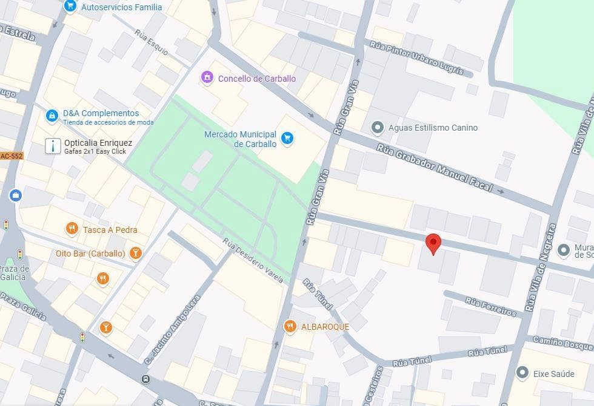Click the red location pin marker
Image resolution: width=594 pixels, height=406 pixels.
coord(433,243)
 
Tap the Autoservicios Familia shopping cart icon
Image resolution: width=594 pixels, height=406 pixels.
coord(70,7)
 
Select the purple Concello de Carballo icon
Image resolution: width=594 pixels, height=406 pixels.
coord(207,78)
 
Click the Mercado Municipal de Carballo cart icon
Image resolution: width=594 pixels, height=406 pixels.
coord(288,139)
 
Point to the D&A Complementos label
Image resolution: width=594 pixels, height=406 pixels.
coord(101,113)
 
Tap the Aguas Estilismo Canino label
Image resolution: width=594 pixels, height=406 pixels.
coord(433,128)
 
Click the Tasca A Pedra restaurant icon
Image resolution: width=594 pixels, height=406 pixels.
coord(72,229)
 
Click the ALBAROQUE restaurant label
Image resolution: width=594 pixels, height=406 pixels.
coord(325,327)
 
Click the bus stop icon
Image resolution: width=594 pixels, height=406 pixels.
coord(146,379)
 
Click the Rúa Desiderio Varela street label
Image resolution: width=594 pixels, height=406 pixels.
coord(253,261)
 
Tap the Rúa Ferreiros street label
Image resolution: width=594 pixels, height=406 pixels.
coord(490,306)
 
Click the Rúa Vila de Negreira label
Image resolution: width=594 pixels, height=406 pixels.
coord(541,266)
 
